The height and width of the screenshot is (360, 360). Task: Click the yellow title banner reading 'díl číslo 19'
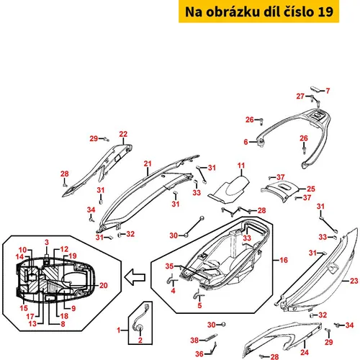pyautogui.click(x=258, y=12)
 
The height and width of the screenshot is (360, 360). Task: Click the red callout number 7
pyautogui.click(x=328, y=91)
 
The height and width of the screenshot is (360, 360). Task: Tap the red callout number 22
pyautogui.click(x=123, y=134)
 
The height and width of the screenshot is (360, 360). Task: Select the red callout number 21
pyautogui.click(x=148, y=163)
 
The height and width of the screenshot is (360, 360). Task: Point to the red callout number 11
pyautogui.click(x=241, y=166)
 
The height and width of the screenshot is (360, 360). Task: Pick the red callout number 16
pyautogui.click(x=284, y=260)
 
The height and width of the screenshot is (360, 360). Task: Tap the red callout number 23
pyautogui.click(x=354, y=281)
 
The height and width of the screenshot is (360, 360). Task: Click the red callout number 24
pyautogui.click(x=305, y=352)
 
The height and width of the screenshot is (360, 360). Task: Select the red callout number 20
pyautogui.click(x=104, y=285)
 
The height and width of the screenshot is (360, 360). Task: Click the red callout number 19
pyautogui.click(x=73, y=256)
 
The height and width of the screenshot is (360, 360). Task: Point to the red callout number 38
pyautogui.click(x=194, y=340)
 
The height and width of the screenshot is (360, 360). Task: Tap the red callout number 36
pyautogui.click(x=199, y=354)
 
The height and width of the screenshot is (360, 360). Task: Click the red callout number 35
pyautogui.click(x=169, y=266)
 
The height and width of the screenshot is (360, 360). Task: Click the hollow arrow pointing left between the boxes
pyautogui.click(x=135, y=277)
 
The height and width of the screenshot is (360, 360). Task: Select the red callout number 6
pyautogui.click(x=246, y=142)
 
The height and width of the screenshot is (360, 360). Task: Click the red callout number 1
pyautogui.click(x=118, y=330)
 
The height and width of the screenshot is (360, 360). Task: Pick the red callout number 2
pyautogui.click(x=140, y=340)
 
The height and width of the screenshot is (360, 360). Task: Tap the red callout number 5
pyautogui.click(x=199, y=305)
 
